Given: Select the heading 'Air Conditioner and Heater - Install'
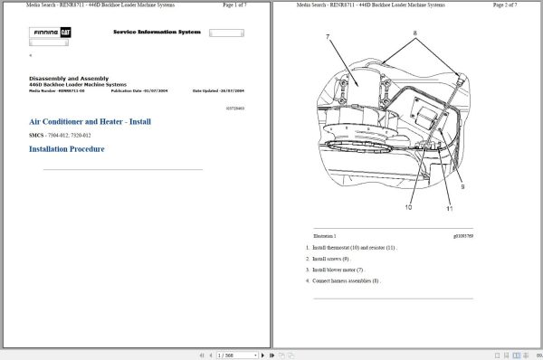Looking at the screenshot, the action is click(90, 121).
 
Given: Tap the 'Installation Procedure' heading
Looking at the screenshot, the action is click(67, 149).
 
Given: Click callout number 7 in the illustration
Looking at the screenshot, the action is click(328, 37).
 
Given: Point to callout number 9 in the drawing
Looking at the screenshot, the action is click(462, 185).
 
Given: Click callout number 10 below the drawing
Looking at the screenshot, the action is click(408, 207).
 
